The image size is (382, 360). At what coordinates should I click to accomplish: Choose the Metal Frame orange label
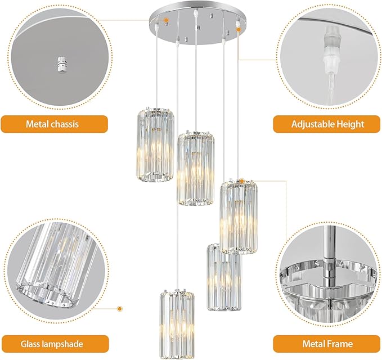(327, 344)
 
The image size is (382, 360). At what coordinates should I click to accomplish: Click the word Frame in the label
(340, 344)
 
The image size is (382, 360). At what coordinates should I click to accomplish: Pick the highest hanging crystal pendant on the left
(155, 143)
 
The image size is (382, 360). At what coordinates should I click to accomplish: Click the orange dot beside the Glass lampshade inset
(119, 309)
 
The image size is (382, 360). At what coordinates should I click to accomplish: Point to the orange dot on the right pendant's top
(241, 181)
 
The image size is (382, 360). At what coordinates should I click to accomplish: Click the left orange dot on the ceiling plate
(166, 20)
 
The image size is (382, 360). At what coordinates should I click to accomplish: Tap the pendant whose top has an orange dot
(239, 217)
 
